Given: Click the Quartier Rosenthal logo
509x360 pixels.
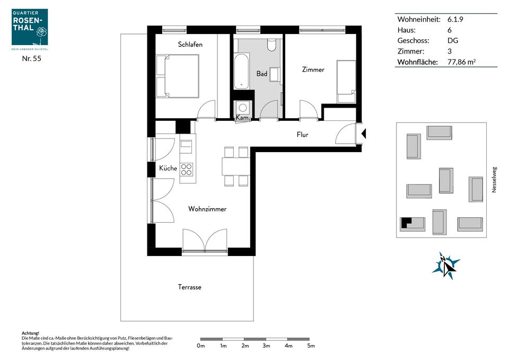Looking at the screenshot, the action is pos(30,29).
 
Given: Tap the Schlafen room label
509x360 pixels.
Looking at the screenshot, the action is pos(190,44).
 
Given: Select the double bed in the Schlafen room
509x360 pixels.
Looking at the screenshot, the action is pos(177,76).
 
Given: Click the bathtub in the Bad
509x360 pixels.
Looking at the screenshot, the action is pos(242,71).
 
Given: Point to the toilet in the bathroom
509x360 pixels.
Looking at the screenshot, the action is pos(271,45).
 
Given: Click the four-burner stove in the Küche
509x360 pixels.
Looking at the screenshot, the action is pos(186,170).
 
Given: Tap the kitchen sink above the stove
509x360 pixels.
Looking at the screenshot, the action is pos(186,147).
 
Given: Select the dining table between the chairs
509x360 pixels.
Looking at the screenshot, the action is pos(236,166).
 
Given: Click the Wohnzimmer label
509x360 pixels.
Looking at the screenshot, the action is pos(207,209).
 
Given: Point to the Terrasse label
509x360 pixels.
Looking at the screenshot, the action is pos(190,287).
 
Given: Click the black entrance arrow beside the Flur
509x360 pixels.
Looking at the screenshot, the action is pos(364,134).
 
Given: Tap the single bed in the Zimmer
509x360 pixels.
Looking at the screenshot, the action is pos(346,82).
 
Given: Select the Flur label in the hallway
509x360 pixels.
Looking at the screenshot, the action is pos(302,134).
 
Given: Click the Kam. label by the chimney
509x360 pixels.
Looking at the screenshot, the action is pos(242,117).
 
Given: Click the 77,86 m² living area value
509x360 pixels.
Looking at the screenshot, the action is pos(461,62).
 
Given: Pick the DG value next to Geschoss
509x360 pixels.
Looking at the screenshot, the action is pos(452,41).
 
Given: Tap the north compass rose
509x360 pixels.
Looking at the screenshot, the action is pos(446,266).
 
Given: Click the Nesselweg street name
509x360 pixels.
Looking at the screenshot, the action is pos(494,180).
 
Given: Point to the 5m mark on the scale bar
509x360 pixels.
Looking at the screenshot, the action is pos(311,346).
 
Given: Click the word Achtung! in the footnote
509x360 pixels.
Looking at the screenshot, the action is pos(30,333).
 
